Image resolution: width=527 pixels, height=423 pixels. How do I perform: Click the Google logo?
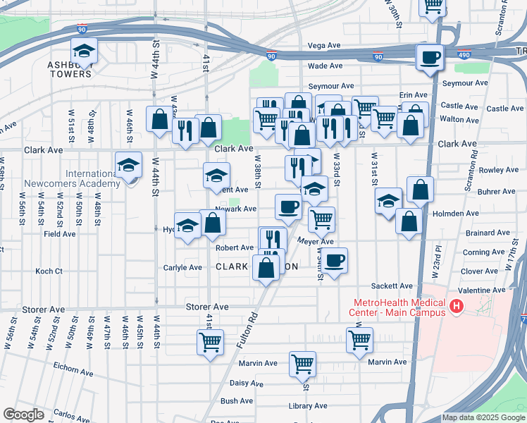pyautogui.click(x=24, y=415)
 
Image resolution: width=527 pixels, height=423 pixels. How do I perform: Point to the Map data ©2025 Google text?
pyautogui.click(x=483, y=417)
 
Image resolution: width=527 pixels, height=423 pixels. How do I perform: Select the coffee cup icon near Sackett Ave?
pyautogui.click(x=335, y=259)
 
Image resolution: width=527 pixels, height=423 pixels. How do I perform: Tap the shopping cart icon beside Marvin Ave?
pyautogui.click(x=302, y=364)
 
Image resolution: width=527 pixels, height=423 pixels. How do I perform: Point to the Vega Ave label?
pyautogui.click(x=325, y=46)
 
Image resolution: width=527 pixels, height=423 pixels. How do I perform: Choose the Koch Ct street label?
pyautogui.click(x=49, y=271)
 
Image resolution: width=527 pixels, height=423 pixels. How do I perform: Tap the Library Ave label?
pyautogui.click(x=309, y=406)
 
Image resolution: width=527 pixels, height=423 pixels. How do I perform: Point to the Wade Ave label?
pyautogui.click(x=325, y=66)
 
